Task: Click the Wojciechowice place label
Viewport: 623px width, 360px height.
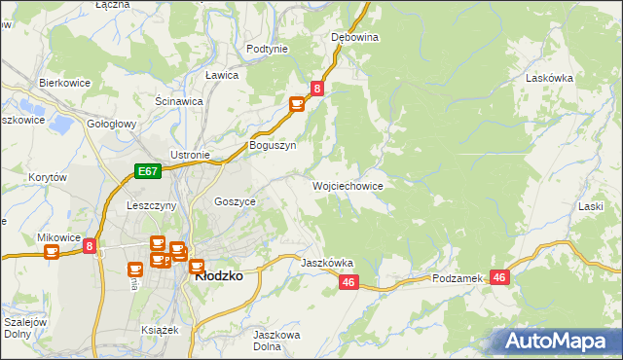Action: [x=348, y=185]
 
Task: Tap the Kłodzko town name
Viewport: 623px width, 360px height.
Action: [x=219, y=275]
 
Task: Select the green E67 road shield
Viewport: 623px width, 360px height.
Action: [x=146, y=171]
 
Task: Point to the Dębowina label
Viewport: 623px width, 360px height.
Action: [x=354, y=37]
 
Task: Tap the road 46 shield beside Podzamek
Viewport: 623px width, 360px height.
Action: [x=499, y=277]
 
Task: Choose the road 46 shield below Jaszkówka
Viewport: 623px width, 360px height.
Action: [x=349, y=282]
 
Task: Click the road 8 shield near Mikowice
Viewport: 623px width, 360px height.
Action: [x=90, y=247]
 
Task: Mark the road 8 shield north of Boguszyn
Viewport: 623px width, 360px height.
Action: [x=317, y=89]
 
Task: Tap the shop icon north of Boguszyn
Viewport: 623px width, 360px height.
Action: [x=297, y=104]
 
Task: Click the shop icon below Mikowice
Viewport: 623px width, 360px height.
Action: [x=52, y=253]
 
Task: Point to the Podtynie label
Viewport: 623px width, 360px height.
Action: [x=267, y=49]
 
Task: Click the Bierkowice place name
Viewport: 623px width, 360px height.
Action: [x=64, y=83]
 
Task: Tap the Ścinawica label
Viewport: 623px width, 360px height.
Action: [x=179, y=100]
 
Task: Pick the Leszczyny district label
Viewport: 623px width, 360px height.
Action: [x=151, y=206]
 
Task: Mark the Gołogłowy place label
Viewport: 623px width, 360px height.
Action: [x=111, y=125]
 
